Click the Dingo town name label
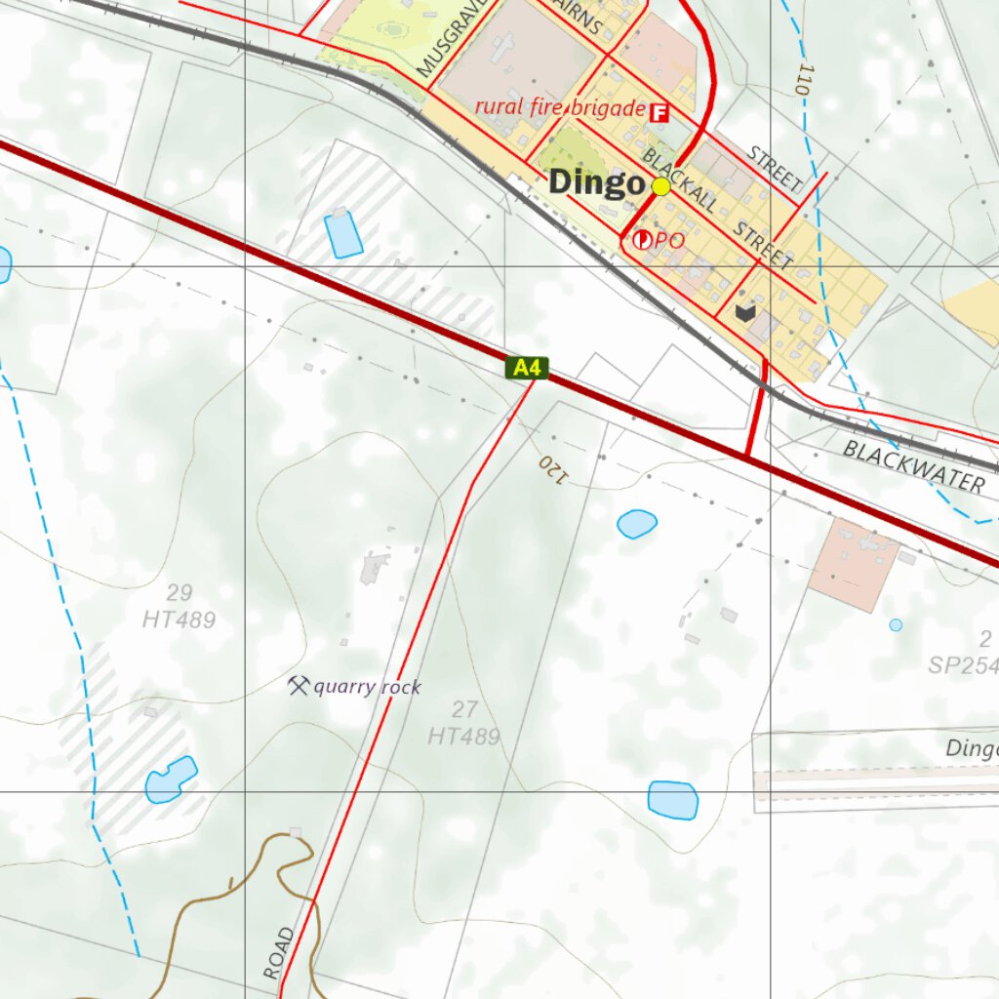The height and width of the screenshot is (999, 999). (x=596, y=182)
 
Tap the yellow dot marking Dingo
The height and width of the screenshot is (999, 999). (x=660, y=186)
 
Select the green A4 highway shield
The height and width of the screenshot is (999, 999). (x=527, y=368)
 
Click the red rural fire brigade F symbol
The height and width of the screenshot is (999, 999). (x=659, y=112)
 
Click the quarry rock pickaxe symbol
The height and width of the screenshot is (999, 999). (x=298, y=685)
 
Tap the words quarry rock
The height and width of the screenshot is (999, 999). (x=367, y=688)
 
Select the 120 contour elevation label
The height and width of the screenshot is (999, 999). (x=552, y=468)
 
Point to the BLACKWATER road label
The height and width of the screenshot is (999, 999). (x=914, y=465)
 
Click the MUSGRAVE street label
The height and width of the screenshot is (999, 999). (x=442, y=40)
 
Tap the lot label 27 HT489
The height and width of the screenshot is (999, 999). (x=464, y=723)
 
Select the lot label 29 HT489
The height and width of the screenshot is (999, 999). (x=179, y=607)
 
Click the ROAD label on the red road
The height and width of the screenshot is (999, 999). (x=278, y=953)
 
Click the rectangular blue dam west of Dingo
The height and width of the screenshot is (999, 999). (x=343, y=234)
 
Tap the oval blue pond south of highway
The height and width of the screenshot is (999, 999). (x=637, y=524)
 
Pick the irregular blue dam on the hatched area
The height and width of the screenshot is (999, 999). (x=171, y=779)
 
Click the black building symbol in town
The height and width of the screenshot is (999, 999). (x=745, y=312)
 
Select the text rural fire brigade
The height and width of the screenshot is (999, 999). (x=559, y=107)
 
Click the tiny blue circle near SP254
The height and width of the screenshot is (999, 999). (x=896, y=624)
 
